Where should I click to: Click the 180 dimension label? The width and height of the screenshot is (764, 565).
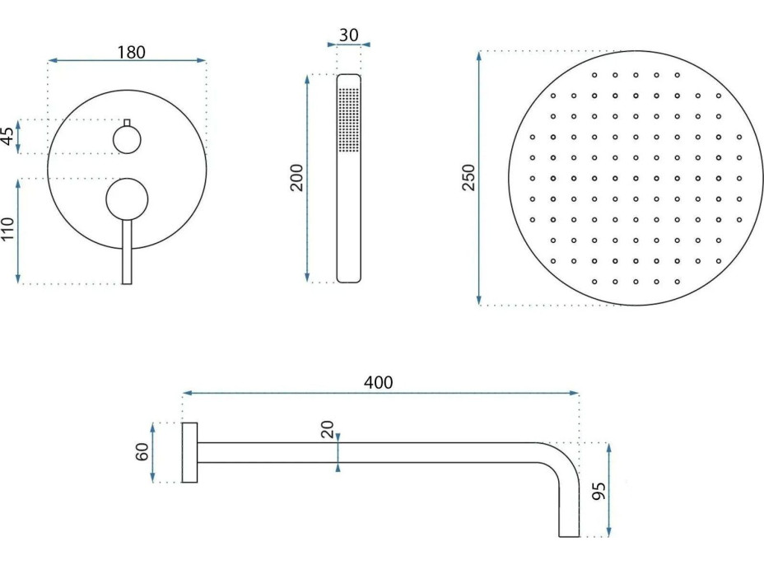pos(131,52)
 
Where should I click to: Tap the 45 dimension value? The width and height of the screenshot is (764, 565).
pos(8,137)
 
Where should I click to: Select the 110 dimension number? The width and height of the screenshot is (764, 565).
pos(8,229)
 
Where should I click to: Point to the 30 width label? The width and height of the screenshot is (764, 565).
pos(348,35)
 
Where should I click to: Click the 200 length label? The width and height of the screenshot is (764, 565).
pos(296,178)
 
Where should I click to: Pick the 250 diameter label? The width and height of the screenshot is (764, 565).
pos(468,178)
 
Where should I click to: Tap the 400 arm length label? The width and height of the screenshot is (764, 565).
pos(378,383)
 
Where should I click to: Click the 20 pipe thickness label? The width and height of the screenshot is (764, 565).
pos(328,429)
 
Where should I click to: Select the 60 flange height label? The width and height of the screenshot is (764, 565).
pos(142,452)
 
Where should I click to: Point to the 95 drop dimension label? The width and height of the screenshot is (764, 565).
pos(599,490)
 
